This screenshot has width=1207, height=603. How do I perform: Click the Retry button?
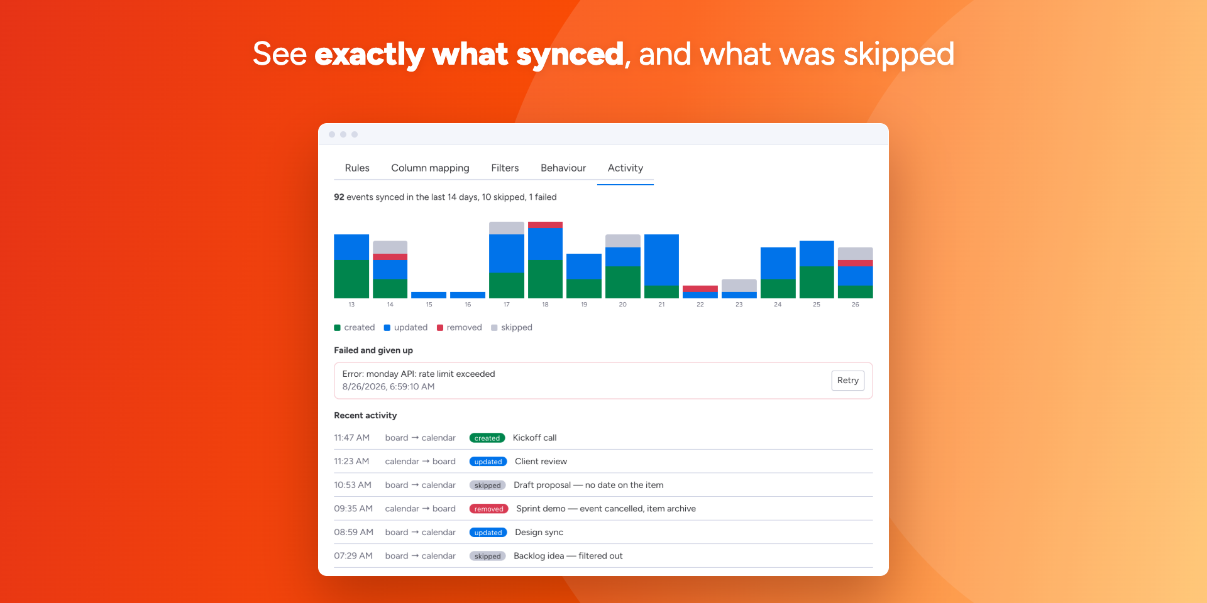click(x=847, y=381)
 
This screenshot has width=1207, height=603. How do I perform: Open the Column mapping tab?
click(x=430, y=168)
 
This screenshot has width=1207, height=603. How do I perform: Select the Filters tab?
click(x=505, y=168)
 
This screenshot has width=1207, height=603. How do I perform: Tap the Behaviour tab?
click(x=563, y=168)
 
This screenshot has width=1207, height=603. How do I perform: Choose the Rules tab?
click(x=357, y=168)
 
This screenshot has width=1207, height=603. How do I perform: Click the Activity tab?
click(x=626, y=168)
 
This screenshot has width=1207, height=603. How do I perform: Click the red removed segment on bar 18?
click(x=545, y=225)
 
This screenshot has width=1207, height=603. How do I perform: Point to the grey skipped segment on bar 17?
click(x=507, y=228)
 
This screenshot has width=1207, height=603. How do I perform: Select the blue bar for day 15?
click(x=429, y=295)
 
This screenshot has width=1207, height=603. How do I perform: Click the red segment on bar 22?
click(x=700, y=289)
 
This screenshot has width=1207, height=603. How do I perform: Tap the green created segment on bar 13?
click(x=351, y=279)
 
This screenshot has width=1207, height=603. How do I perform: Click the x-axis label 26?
click(x=855, y=305)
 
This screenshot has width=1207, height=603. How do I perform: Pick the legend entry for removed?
click(x=460, y=328)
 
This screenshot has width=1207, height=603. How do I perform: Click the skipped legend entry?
click(x=512, y=328)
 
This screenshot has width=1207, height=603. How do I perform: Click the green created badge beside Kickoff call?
click(x=487, y=438)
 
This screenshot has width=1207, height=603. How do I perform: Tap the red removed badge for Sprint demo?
click(x=489, y=509)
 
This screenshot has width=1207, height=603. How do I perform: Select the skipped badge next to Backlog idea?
click(x=488, y=557)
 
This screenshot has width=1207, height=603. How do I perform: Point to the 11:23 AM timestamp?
click(x=351, y=462)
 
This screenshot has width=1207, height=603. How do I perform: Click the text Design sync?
click(x=539, y=533)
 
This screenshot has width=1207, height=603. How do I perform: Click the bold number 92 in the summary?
click(x=339, y=197)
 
